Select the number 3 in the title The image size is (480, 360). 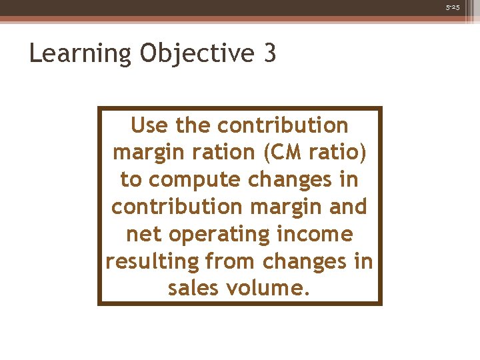pyautogui.click(x=269, y=53)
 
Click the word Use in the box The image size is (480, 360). pyautogui.click(x=150, y=125)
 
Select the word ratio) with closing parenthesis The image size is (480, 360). pyautogui.click(x=339, y=152)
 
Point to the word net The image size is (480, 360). pyautogui.click(x=143, y=234)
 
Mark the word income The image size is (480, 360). pyautogui.click(x=319, y=234)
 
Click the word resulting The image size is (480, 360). pyautogui.click(x=153, y=261)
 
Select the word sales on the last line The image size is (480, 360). pyautogui.click(x=193, y=289)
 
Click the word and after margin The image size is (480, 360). pyautogui.click(x=348, y=207)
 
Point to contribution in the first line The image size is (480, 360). pyautogui.click(x=283, y=125)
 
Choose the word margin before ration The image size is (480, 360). pyautogui.click(x=147, y=152)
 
